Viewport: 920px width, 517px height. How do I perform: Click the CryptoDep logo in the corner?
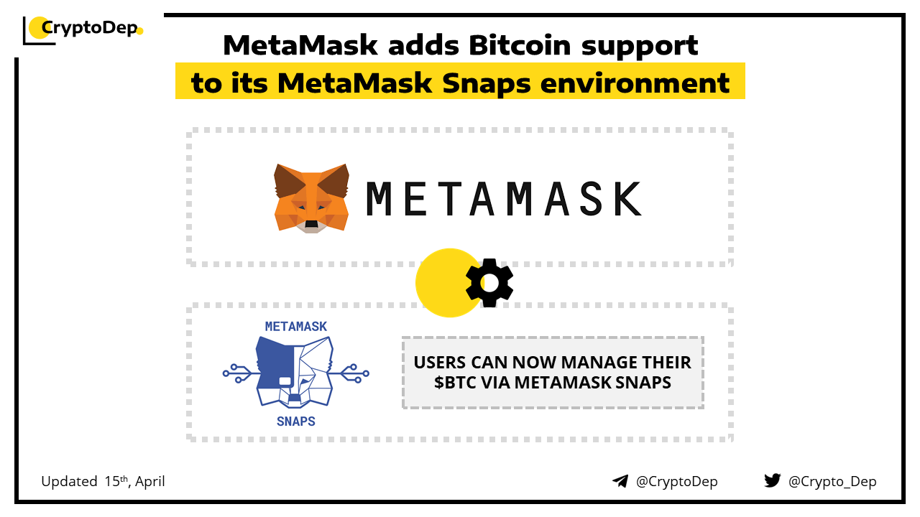click(83, 30)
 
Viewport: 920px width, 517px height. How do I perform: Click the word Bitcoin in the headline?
click(520, 45)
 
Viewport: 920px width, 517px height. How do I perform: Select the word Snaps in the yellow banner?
click(487, 84)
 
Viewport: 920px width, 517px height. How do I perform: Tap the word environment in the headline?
click(635, 83)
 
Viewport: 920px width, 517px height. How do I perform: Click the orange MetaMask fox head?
click(311, 198)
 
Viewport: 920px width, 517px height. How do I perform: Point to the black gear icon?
click(489, 283)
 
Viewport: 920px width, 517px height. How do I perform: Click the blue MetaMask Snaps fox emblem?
click(295, 372)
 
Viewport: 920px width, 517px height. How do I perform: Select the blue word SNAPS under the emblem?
click(295, 421)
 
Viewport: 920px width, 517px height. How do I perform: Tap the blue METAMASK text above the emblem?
click(295, 327)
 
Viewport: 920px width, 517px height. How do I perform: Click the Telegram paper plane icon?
click(620, 481)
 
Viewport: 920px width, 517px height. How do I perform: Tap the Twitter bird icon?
click(773, 480)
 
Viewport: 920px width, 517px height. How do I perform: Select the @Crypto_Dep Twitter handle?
click(832, 482)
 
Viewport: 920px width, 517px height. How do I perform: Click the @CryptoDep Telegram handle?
click(676, 482)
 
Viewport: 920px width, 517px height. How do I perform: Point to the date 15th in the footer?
click(116, 481)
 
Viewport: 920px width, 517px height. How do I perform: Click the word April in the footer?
click(150, 482)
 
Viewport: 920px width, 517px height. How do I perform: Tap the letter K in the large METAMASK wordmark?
click(627, 199)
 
